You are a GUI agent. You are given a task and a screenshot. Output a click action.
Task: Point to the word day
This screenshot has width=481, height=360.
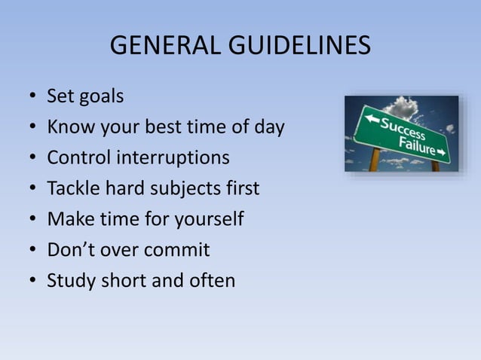pyautogui.click(x=268, y=128)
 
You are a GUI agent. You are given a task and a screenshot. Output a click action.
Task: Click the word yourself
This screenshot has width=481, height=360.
pyautogui.click(x=208, y=220)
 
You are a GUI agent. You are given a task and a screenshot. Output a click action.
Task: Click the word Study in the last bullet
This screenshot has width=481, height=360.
pyautogui.click(x=69, y=281)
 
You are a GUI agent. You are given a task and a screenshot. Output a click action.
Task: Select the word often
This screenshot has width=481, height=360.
pyautogui.click(x=212, y=281)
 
